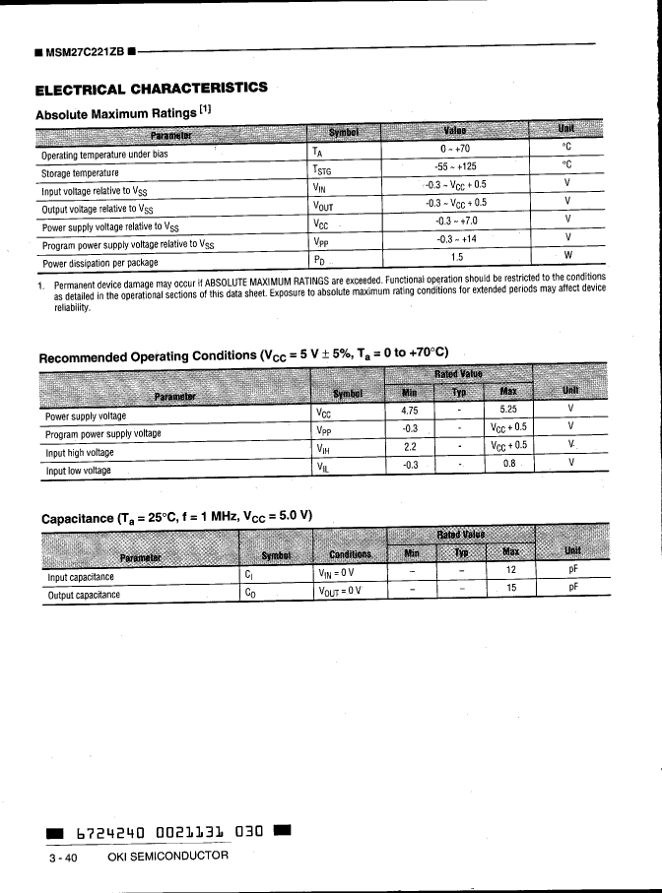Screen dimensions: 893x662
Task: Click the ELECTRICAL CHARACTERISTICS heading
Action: point(151,88)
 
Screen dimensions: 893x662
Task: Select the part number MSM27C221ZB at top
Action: point(83,50)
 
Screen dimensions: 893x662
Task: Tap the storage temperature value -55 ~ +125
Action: point(455,167)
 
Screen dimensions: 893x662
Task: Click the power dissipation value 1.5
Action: point(456,257)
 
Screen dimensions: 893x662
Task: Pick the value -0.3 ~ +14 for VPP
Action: point(456,239)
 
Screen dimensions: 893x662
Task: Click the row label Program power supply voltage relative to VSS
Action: point(127,244)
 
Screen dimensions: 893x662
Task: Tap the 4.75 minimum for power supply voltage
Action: point(411,410)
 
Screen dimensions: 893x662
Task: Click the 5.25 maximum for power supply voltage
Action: point(508,410)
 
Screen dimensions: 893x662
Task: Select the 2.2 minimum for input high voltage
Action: point(411,445)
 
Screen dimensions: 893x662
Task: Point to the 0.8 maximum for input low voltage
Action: point(508,463)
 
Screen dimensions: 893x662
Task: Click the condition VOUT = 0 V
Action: point(340,591)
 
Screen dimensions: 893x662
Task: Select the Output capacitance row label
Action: point(84,594)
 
